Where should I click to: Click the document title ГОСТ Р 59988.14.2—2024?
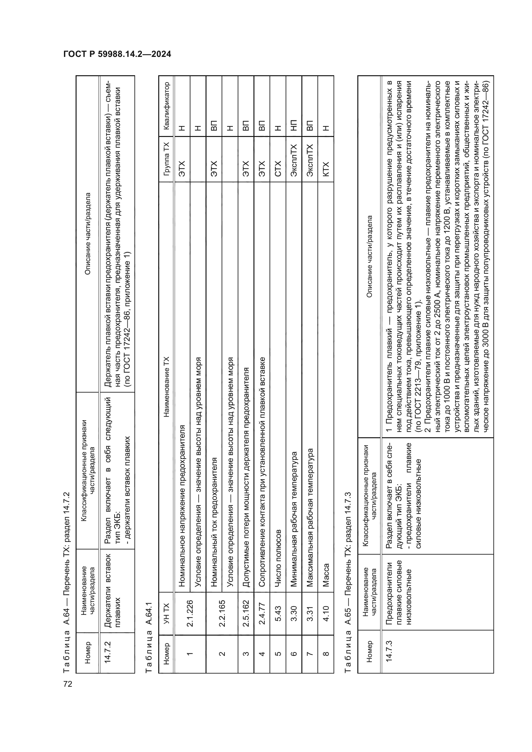pos(117,54)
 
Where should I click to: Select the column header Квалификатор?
pos(166,106)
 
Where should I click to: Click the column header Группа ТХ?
pos(166,159)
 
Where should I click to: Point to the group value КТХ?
pos(326,169)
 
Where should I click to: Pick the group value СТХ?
pos(278,169)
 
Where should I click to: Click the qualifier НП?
pos(294,124)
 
